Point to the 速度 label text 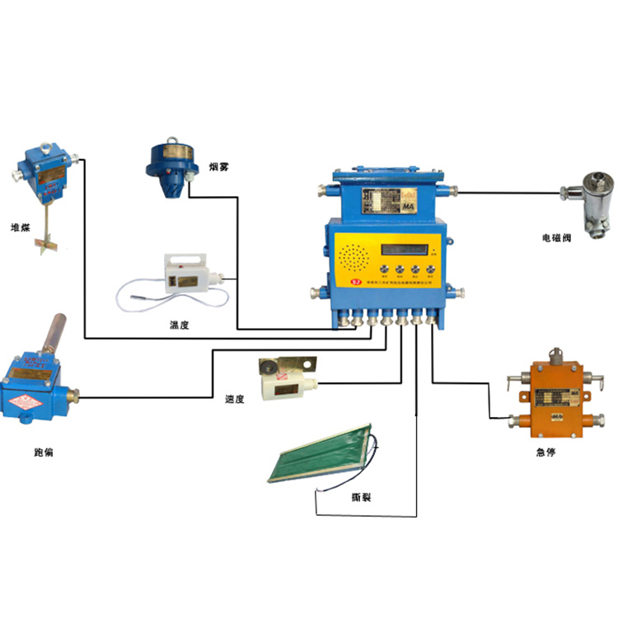(234, 399)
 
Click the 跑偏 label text (44, 452)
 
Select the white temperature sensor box (190, 271)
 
